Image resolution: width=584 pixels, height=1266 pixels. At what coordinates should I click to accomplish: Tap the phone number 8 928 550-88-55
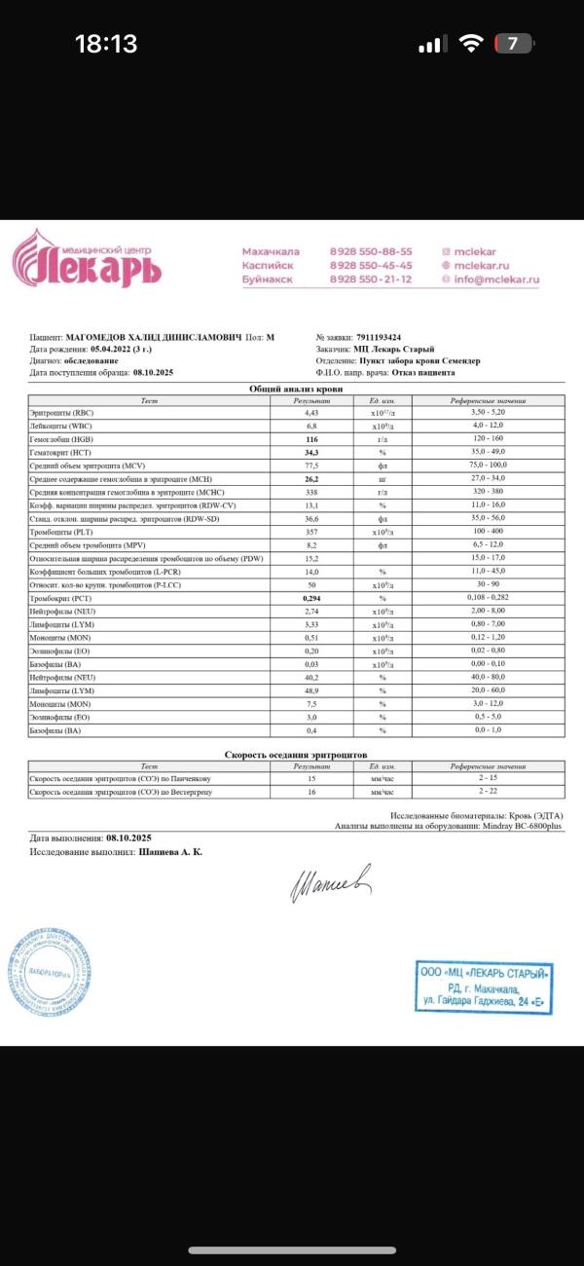[371, 251]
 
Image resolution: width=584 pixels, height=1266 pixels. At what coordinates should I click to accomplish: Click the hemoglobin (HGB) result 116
[312, 440]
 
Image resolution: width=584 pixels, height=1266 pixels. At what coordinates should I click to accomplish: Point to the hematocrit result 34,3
[312, 453]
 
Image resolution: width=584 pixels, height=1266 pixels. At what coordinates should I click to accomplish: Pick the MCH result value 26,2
[312, 478]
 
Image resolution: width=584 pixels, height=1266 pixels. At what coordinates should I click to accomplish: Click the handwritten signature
[329, 881]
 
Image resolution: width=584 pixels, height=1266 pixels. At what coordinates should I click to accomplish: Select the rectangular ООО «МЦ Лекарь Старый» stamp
[485, 986]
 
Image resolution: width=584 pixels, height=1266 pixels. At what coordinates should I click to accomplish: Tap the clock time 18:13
[106, 44]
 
